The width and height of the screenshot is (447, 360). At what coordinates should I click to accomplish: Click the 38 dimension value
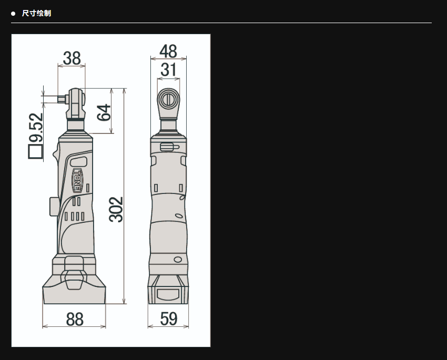72,58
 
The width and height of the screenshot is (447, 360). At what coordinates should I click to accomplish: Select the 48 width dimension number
168,52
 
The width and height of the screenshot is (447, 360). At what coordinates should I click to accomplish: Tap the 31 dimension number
168,69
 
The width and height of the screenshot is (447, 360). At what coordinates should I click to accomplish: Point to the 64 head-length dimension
104,112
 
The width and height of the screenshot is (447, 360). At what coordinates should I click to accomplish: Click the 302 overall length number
116,210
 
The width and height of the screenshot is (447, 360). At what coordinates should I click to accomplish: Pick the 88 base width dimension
75,320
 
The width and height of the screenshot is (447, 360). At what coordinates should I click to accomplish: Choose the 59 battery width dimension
168,318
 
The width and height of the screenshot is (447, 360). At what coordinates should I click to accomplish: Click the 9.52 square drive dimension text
36,128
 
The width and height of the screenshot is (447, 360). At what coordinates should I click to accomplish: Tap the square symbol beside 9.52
35,151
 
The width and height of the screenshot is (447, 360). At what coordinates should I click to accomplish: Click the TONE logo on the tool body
77,180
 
